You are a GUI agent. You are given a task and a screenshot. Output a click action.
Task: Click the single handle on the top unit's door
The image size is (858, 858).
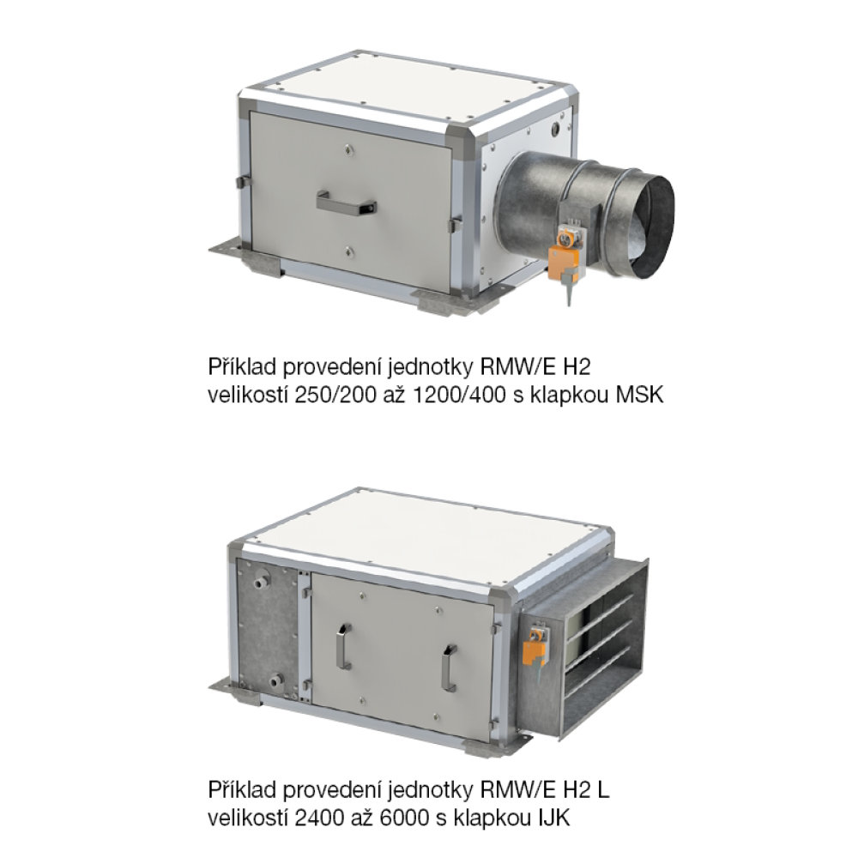[x=346, y=202]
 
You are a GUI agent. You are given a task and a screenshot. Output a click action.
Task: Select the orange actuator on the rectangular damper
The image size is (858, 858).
[x=533, y=648]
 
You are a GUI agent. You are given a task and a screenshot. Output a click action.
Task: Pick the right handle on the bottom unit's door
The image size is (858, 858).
[x=450, y=666]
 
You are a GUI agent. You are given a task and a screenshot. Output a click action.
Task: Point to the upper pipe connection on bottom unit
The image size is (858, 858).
[x=261, y=579]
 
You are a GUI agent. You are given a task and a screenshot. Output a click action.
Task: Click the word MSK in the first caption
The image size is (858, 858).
[x=640, y=395]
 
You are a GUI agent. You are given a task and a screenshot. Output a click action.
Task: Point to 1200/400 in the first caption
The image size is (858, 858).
[x=458, y=395]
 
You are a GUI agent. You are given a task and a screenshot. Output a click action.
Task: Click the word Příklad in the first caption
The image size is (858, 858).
[x=242, y=366]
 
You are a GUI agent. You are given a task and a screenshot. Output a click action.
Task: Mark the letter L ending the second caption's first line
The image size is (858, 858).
[x=603, y=789]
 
